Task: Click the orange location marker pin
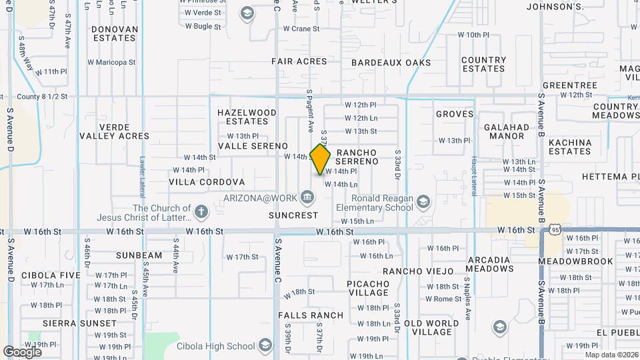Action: point(321,159)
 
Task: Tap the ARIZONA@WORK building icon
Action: point(307,197)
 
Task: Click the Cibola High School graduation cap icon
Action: point(265,345)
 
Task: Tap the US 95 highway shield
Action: point(555,230)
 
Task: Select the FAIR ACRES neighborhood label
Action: point(299,61)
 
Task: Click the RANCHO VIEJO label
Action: point(418,271)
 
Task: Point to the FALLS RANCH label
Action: point(313,315)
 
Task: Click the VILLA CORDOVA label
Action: point(207,182)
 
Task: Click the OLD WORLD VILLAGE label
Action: point(431,327)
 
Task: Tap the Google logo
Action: point(22,351)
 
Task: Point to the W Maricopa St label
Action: point(111,63)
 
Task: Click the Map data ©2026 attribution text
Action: point(611,355)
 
